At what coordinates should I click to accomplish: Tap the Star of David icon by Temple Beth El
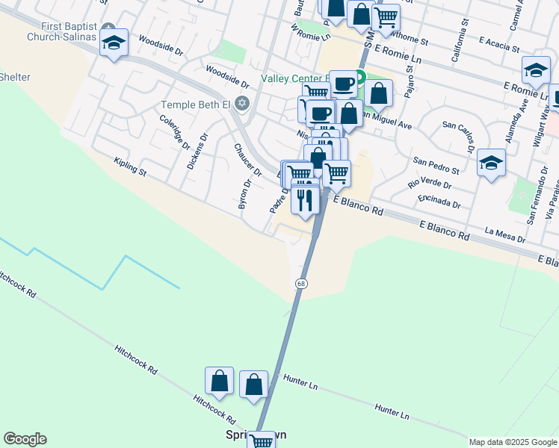(x=241, y=102)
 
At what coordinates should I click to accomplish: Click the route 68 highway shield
(x=301, y=284)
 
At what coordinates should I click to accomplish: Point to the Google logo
(x=25, y=439)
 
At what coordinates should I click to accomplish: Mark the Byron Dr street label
(x=244, y=193)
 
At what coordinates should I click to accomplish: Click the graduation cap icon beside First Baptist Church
(x=114, y=43)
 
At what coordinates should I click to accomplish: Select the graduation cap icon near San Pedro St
(x=491, y=163)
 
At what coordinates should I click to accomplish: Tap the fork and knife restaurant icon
(x=306, y=200)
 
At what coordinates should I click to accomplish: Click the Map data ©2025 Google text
(x=512, y=442)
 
